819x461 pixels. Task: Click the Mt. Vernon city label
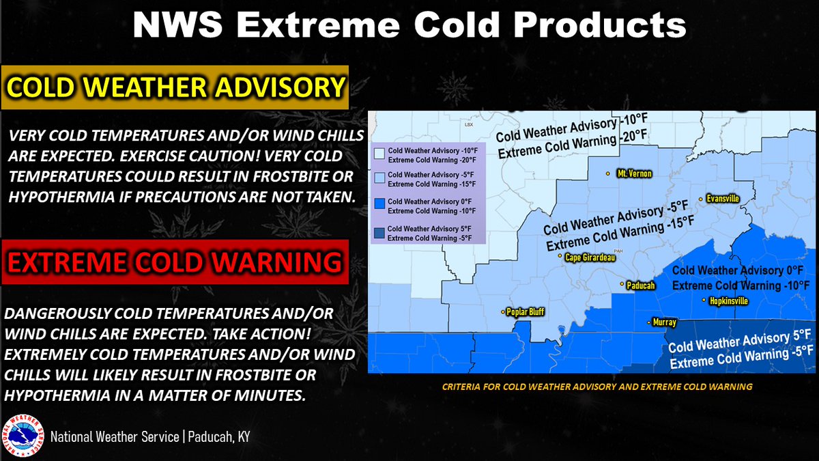634,174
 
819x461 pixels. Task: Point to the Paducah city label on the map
641,285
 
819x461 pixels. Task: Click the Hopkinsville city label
729,301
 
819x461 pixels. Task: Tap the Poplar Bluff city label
526,313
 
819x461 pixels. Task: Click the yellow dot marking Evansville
700,199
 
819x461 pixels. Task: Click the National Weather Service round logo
24,436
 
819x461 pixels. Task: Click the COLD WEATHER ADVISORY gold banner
175,87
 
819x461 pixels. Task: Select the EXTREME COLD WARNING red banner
175,262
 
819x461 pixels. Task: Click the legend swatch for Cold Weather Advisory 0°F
379,206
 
